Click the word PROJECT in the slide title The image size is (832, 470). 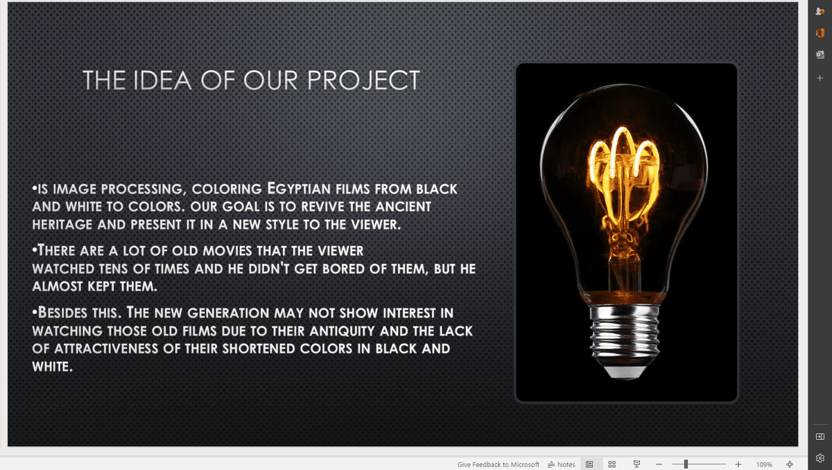363,80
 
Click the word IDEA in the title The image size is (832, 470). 162,80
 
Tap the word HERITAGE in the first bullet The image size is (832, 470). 62,225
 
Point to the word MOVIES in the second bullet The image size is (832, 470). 227,251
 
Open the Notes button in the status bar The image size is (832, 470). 561,464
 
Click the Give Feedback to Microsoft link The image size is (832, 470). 498,464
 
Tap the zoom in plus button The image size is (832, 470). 738,464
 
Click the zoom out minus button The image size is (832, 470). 659,464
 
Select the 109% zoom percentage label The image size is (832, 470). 764,465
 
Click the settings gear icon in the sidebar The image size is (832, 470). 820,458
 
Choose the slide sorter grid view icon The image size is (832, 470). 612,464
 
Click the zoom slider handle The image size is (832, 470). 686,464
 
